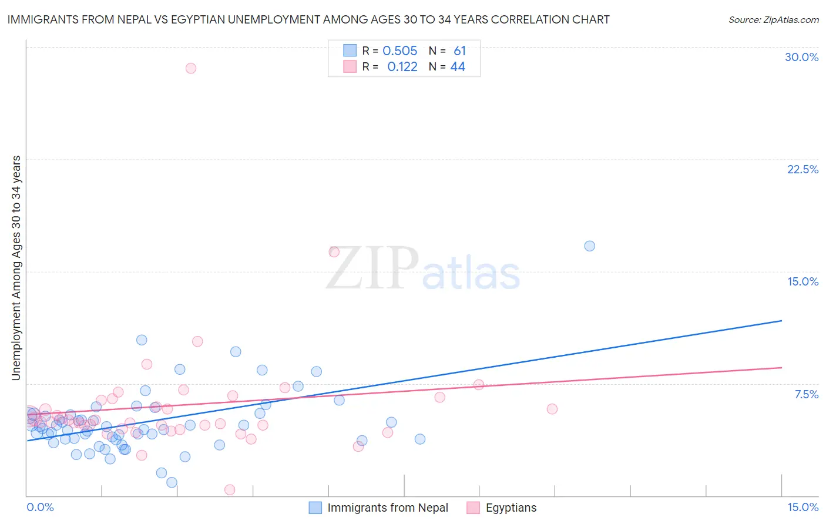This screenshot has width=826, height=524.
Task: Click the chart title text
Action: (308, 19)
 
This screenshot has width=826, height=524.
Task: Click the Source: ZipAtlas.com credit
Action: (773, 19)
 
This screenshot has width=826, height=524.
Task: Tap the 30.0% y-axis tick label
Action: (801, 57)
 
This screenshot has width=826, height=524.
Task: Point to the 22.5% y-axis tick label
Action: (803, 169)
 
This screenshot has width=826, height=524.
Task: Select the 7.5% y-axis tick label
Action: (806, 394)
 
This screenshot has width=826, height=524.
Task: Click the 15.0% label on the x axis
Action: (803, 507)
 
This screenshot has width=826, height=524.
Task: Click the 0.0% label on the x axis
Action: (40, 507)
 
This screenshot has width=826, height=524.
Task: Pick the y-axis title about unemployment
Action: (16, 267)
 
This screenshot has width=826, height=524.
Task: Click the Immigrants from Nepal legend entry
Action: (379, 508)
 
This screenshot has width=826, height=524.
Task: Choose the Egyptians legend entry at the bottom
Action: (502, 508)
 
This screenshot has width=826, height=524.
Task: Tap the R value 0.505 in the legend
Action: (399, 51)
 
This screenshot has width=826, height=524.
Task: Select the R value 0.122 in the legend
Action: (402, 67)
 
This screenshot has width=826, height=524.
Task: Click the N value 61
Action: (459, 51)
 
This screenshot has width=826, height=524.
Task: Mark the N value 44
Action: (458, 67)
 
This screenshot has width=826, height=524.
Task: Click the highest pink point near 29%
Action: (190, 68)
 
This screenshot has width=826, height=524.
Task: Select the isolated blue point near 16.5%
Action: (589, 246)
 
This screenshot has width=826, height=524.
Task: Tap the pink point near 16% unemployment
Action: (334, 252)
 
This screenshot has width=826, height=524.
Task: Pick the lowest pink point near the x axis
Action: (230, 489)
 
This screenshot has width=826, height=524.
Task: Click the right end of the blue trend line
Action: (781, 321)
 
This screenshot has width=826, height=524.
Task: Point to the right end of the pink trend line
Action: (781, 367)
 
